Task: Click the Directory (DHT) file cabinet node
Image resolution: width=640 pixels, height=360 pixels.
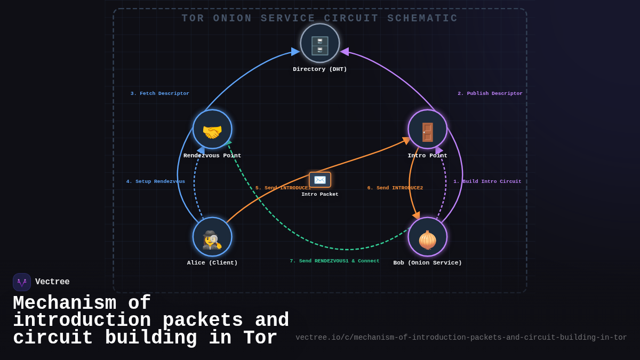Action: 320,43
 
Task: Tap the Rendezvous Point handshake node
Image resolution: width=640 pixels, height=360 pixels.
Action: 212,130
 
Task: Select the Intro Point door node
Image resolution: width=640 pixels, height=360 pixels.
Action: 428,130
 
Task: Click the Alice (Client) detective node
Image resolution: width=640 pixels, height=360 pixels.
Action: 212,237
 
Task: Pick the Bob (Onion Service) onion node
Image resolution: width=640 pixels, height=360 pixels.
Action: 428,237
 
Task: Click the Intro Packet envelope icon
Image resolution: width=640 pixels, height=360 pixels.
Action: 320,180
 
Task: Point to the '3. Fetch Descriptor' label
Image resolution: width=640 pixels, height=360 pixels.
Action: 160,93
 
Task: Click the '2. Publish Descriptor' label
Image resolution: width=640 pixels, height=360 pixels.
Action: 490,93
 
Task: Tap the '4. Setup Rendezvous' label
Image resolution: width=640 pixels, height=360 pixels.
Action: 156,181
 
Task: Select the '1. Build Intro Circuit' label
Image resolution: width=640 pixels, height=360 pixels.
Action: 487,181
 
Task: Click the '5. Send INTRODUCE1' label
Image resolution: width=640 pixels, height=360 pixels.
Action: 283,188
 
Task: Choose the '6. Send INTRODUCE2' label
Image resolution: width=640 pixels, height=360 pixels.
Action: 395,188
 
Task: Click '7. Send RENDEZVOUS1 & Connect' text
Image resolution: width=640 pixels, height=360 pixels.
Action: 334,261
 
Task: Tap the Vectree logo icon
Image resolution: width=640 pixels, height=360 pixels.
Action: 22,282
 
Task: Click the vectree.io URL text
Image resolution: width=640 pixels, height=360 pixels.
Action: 461,337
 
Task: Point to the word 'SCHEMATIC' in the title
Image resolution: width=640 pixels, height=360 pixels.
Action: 422,18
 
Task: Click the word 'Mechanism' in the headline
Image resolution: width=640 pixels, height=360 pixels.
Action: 65,303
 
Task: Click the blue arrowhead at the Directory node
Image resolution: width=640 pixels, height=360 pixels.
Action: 295,52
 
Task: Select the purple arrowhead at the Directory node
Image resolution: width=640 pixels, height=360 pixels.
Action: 345,52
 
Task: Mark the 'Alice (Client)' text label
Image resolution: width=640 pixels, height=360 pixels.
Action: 212,262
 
